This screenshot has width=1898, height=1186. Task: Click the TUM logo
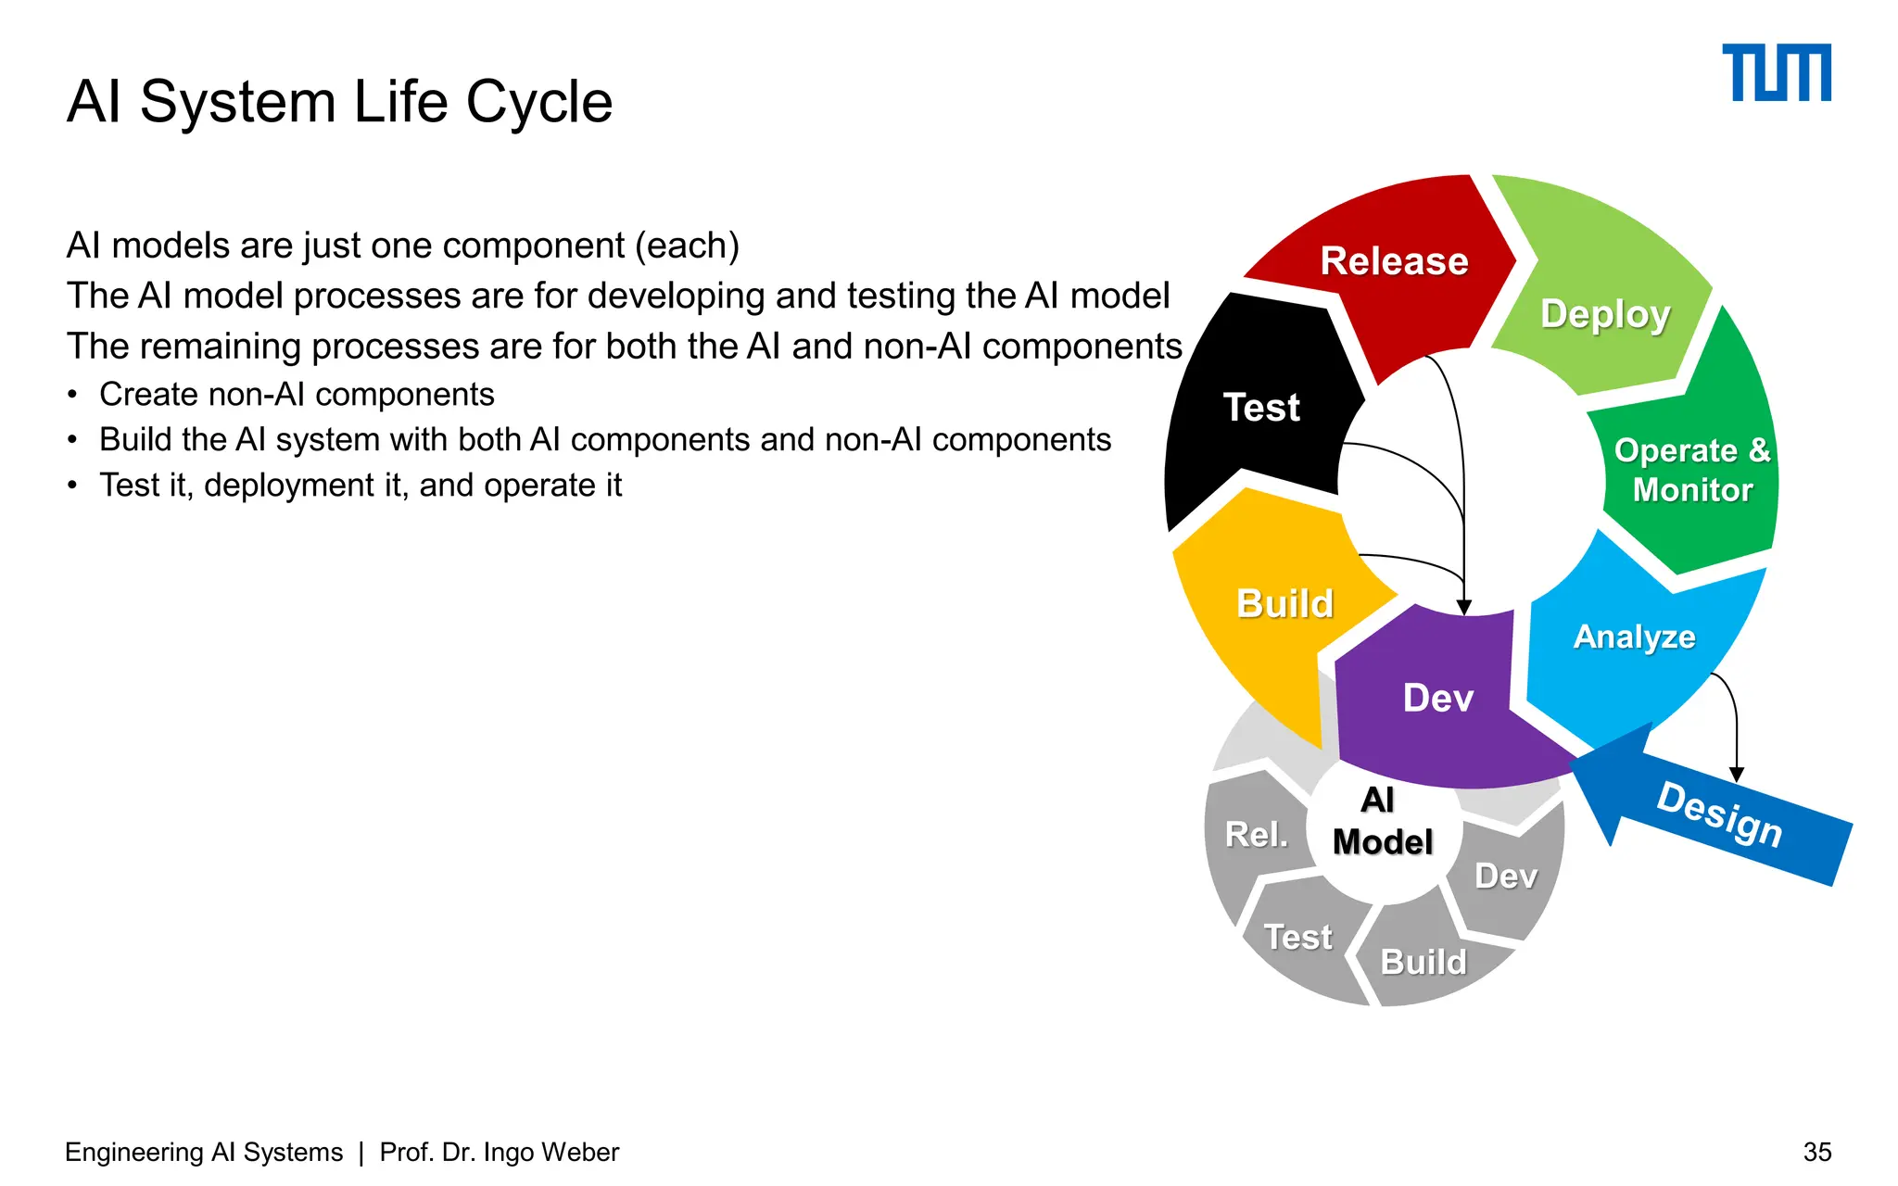tap(1776, 72)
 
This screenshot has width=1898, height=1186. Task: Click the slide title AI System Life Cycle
tap(339, 101)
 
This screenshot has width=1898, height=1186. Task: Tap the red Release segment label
tap(1394, 261)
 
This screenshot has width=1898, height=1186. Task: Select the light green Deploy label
tap(1605, 314)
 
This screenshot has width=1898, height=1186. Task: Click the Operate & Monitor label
tap(1692, 470)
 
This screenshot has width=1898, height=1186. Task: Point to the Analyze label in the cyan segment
tap(1635, 637)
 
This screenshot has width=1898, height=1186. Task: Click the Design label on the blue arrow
tap(1720, 814)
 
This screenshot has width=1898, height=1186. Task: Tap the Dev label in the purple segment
tap(1438, 698)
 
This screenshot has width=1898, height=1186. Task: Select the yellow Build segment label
tap(1285, 604)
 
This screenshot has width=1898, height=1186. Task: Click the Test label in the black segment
tap(1261, 408)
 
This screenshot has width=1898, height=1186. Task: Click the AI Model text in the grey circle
tap(1382, 821)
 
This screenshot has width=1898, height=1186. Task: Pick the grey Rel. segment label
tap(1257, 835)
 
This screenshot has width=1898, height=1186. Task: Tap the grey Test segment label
tap(1298, 937)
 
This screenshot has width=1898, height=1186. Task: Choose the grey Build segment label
tap(1423, 962)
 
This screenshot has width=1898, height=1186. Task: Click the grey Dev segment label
tap(1506, 877)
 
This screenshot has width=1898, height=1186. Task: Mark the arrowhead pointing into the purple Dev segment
tap(1464, 608)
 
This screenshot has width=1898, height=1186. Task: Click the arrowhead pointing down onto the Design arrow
tap(1737, 775)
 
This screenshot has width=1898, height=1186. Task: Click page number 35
tap(1816, 1152)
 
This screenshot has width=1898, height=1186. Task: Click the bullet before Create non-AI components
tap(72, 396)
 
